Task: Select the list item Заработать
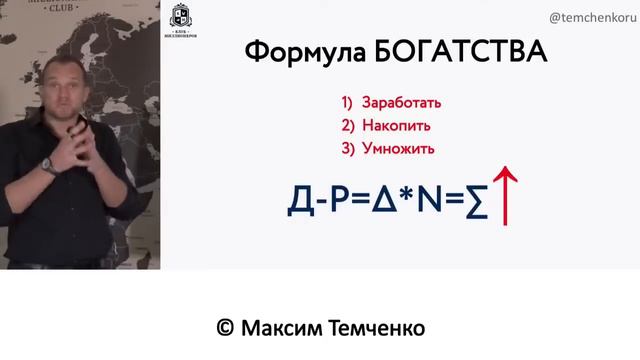[x=404, y=103]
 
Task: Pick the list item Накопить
[x=398, y=126]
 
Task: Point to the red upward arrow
[x=507, y=196]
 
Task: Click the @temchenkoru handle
[x=591, y=17]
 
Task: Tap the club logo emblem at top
[x=181, y=17]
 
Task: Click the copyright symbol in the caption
[x=225, y=328]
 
